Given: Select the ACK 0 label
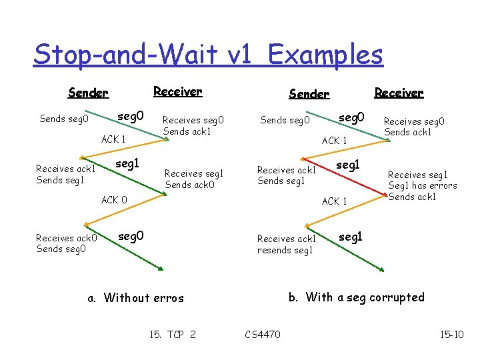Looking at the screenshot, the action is [114, 199].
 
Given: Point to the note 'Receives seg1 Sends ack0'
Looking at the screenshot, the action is [193, 179].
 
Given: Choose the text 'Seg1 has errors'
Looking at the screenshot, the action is [423, 185].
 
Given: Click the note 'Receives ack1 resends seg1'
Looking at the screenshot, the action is [287, 245].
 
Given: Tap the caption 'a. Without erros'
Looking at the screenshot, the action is [136, 298].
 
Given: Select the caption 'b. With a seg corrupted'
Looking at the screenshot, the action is [356, 297].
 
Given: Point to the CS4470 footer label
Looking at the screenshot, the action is [263, 334].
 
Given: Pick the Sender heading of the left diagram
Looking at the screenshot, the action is [88, 93].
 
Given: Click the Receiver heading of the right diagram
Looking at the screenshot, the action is [399, 93].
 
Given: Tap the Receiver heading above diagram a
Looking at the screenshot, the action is [177, 91].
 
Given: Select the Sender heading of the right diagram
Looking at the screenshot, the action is [309, 94].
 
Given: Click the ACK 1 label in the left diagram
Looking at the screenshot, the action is [114, 139].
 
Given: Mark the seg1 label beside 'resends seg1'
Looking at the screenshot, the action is [351, 236].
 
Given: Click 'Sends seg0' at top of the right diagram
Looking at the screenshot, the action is [285, 121].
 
